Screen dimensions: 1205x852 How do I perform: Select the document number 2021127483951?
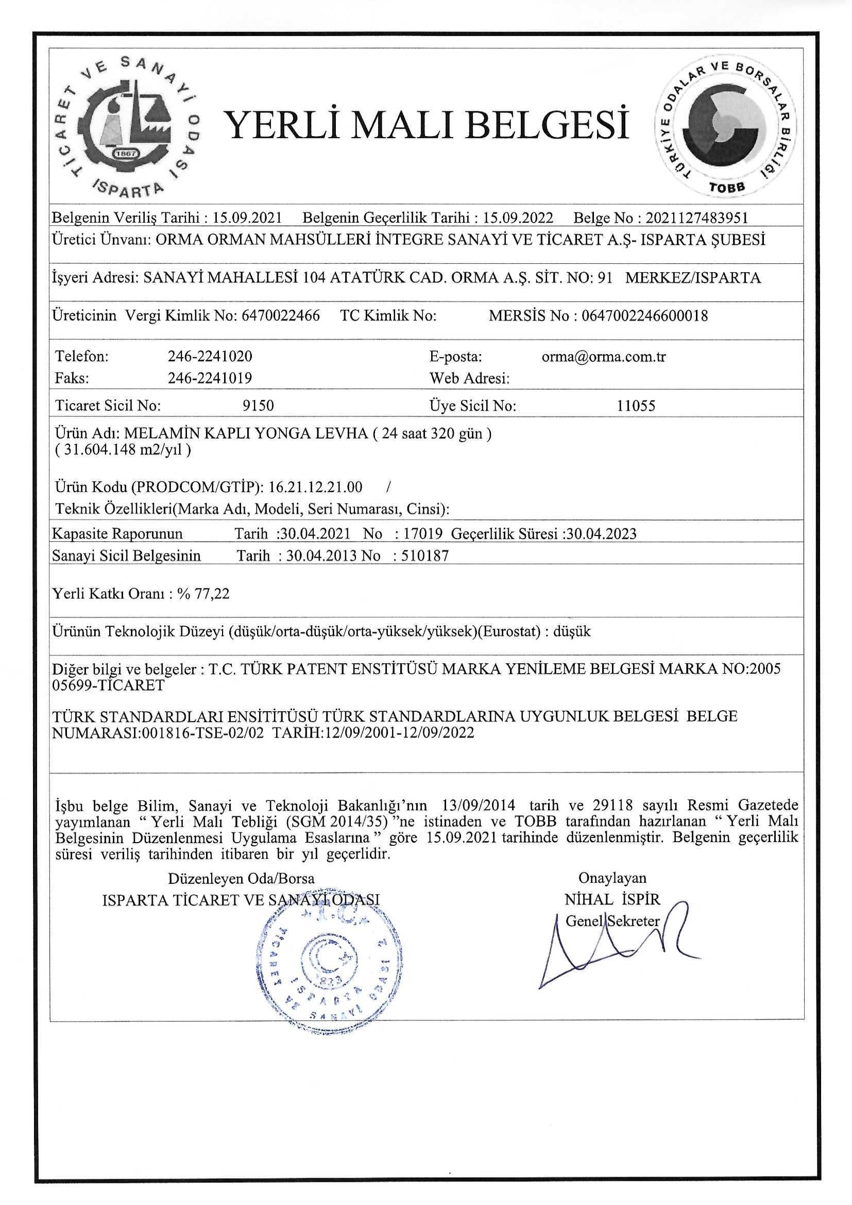click(697, 218)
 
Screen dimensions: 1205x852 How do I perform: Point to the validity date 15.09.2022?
click(518, 218)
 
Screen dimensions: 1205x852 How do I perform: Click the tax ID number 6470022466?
click(280, 315)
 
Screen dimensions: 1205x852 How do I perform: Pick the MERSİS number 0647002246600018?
click(645, 315)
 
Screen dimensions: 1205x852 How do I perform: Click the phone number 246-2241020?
click(210, 356)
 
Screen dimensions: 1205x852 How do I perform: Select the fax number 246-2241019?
click(210, 378)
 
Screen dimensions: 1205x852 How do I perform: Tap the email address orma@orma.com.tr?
click(604, 356)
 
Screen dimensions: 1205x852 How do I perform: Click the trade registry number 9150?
click(258, 406)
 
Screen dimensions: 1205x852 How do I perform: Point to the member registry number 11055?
click(636, 406)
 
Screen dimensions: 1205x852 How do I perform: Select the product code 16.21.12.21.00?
click(315, 487)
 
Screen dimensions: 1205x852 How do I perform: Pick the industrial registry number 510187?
click(425, 556)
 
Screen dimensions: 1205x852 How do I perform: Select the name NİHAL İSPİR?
click(612, 899)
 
